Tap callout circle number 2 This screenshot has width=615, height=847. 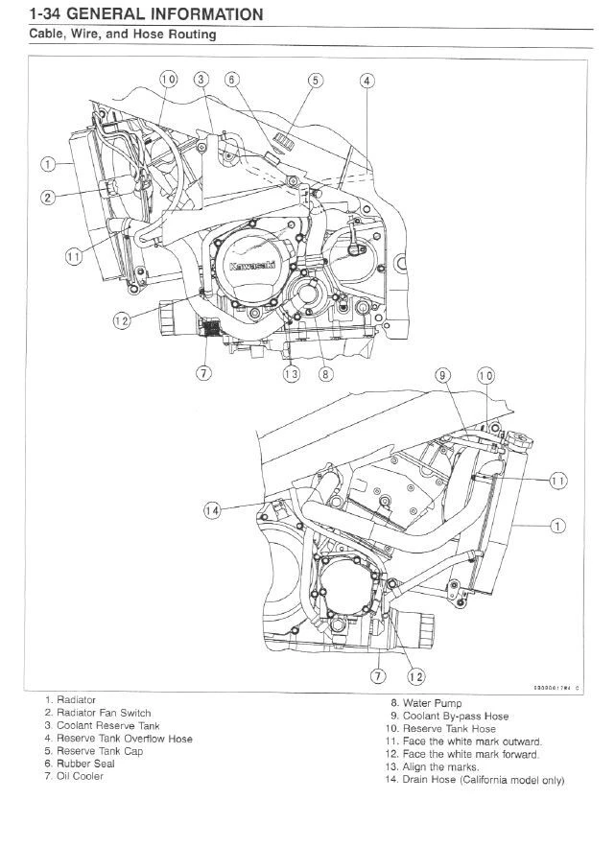tap(47, 198)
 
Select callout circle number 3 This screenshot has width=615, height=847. tap(200, 81)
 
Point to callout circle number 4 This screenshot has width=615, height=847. tap(367, 81)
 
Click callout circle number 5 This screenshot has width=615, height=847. tap(315, 81)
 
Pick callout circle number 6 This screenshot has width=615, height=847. tap(231, 81)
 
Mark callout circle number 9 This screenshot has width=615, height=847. tap(442, 376)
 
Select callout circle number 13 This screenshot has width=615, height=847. tap(290, 374)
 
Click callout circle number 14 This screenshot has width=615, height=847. tap(212, 510)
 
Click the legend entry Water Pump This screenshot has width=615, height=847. tap(413, 703)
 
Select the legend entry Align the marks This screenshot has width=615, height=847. tap(424, 766)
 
